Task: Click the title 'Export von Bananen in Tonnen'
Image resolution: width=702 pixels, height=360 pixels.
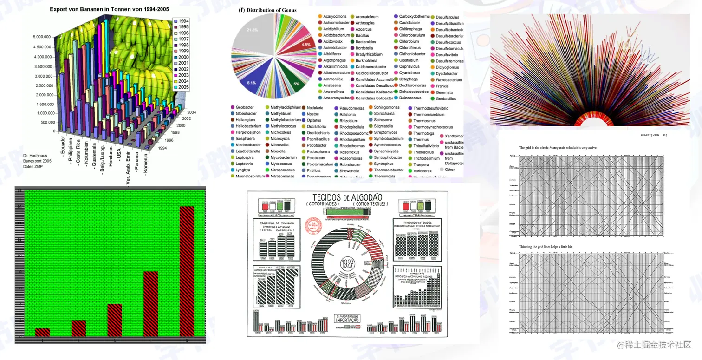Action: [109, 9]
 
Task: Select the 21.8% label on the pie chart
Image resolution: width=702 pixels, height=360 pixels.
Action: [252, 30]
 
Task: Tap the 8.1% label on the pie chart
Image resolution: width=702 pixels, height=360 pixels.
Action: [252, 83]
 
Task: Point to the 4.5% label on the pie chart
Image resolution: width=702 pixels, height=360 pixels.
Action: [306, 45]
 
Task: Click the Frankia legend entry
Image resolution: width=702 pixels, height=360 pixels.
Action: [442, 86]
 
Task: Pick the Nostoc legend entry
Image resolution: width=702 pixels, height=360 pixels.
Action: [312, 114]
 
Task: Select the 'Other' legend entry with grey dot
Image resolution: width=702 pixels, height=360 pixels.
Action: [449, 170]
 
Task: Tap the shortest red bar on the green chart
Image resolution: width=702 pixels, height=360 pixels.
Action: [42, 332]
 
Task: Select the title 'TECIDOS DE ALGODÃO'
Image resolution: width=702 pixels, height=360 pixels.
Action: [347, 196]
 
